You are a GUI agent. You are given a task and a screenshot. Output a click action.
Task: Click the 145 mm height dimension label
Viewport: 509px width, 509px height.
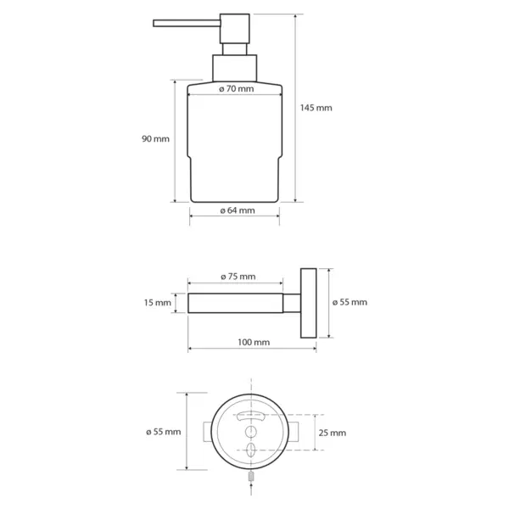pos(316,108)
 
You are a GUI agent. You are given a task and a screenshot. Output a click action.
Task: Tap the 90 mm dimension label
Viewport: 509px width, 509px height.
pos(155,139)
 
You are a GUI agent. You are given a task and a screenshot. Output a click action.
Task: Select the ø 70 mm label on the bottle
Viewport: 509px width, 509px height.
pos(237,88)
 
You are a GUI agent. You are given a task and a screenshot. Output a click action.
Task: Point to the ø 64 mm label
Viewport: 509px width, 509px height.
pos(238,210)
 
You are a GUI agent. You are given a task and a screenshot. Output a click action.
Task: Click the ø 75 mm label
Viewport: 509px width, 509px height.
pos(238,277)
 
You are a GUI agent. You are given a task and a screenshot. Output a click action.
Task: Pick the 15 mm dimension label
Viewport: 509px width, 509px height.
pos(158,303)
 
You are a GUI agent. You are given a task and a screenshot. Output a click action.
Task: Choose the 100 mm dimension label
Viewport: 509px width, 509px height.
pos(254,342)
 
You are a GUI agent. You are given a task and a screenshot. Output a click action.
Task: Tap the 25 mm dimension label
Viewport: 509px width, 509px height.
pos(332,433)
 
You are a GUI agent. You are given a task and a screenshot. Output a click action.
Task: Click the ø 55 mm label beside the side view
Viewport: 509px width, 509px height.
pos(350,302)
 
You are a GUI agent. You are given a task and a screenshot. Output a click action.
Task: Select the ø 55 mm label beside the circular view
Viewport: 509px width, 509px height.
pos(163,432)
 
